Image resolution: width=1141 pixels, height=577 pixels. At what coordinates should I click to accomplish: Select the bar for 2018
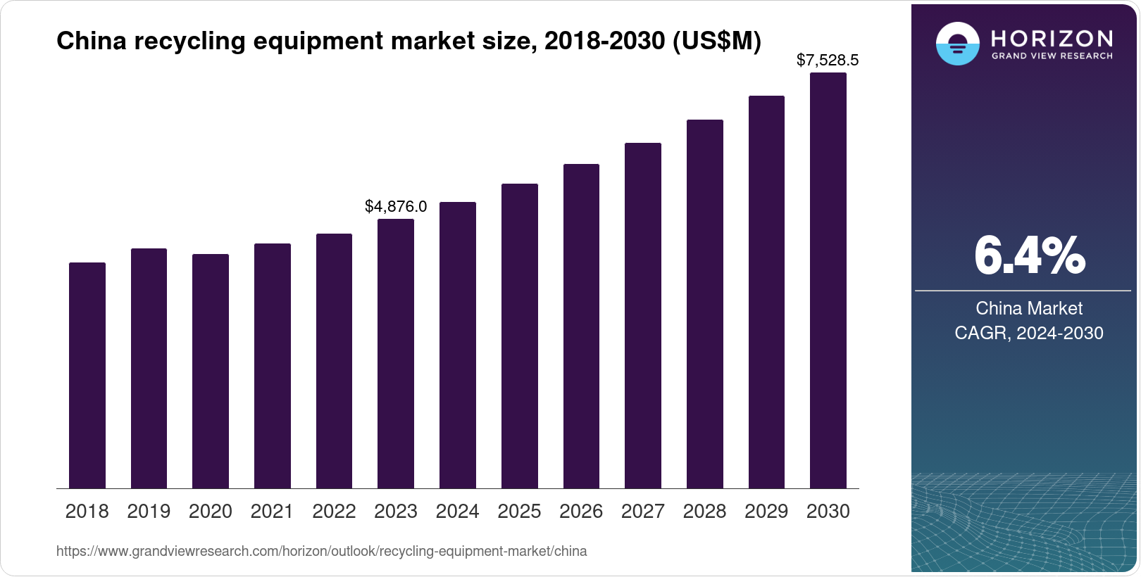tap(87, 376)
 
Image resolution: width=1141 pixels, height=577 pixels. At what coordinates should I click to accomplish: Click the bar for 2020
tap(211, 372)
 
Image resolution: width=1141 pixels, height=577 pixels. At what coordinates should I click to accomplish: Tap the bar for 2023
tap(396, 354)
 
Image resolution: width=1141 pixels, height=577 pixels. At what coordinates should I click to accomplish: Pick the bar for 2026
tap(581, 326)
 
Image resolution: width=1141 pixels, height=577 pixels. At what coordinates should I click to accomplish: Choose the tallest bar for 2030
tap(828, 281)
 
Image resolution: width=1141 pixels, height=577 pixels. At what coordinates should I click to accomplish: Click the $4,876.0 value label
tap(396, 207)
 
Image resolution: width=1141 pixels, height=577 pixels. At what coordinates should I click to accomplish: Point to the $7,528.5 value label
tap(828, 61)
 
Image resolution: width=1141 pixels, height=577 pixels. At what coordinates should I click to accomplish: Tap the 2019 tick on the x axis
tap(149, 512)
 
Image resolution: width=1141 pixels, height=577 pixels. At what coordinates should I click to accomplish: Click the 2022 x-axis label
tap(334, 512)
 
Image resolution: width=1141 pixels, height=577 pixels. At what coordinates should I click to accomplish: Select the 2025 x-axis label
tap(519, 512)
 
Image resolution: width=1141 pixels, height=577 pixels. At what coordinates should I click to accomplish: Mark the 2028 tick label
tap(704, 512)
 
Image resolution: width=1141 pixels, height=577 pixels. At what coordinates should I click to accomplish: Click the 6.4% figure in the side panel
tap(1029, 256)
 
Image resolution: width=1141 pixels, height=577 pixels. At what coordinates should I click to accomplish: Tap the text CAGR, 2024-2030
tap(1029, 333)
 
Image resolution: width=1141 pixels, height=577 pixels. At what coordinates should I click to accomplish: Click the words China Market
tap(1029, 308)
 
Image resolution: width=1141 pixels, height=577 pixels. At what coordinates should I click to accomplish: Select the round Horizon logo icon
tap(957, 44)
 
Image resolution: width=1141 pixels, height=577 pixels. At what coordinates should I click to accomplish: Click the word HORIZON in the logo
tap(1052, 38)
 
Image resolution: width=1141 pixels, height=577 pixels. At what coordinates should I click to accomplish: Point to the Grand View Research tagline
tap(1052, 56)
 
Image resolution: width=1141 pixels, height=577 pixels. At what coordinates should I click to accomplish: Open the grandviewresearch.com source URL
tap(321, 552)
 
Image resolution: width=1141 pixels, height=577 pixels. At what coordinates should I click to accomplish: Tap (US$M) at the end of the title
tap(717, 41)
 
